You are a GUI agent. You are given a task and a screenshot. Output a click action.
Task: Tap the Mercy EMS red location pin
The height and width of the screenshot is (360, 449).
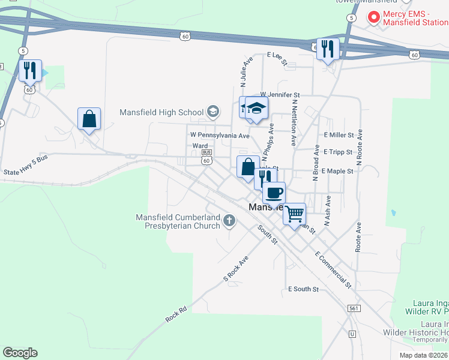point(373,17)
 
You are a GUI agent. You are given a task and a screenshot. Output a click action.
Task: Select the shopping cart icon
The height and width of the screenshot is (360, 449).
point(294,213)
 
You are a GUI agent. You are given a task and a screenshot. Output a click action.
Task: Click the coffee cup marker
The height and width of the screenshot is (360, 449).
point(274,193)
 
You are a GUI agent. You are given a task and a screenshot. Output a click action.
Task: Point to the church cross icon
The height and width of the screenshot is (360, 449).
point(229,221)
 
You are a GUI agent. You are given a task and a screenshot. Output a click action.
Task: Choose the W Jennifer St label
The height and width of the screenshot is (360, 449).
point(280,95)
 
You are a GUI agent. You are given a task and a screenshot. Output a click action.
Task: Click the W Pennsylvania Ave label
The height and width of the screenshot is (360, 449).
point(220,136)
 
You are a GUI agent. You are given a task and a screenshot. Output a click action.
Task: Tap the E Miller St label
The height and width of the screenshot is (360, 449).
point(339,136)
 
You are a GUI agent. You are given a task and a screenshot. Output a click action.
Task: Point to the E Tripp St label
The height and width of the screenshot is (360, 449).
point(338,152)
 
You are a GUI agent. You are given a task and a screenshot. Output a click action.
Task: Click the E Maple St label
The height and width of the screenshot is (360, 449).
point(337,171)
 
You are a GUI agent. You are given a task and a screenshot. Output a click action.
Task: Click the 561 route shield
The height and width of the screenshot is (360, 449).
point(354,308)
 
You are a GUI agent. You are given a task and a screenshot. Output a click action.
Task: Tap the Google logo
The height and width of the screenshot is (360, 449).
point(20,353)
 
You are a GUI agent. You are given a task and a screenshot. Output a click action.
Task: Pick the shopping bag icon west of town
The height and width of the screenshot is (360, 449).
point(89,119)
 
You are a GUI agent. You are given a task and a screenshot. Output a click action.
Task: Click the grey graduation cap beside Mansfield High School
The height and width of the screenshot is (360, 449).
point(212,111)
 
